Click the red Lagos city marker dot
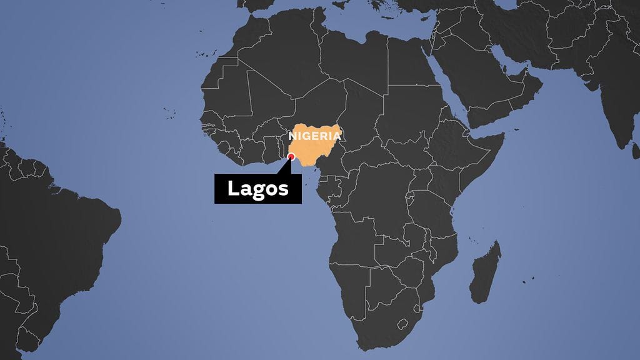(x=291, y=157)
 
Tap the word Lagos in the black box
(x=257, y=188)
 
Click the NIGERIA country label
(x=315, y=135)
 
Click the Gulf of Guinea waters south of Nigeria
(x=300, y=187)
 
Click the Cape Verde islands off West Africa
(x=167, y=112)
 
